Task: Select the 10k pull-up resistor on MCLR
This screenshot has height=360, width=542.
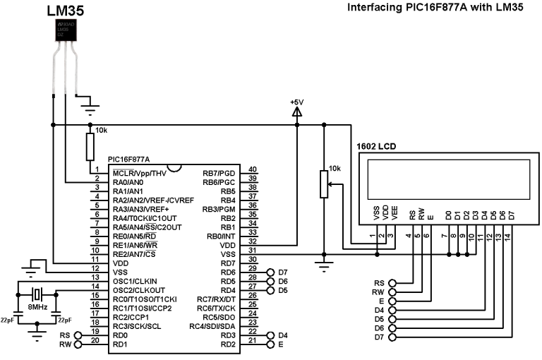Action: [90, 148]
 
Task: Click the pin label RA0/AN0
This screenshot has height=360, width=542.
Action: [128, 181]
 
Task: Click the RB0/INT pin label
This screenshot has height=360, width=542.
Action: [218, 236]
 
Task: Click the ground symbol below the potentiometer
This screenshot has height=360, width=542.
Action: [324, 266]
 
